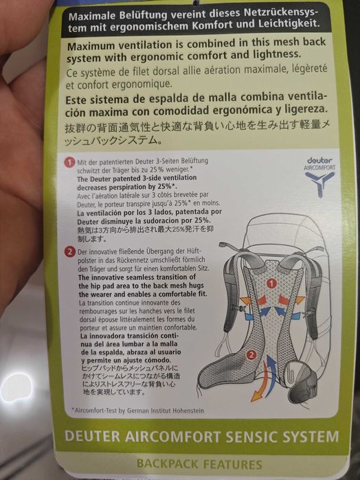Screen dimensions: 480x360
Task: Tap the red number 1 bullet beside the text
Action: click(x=68, y=163)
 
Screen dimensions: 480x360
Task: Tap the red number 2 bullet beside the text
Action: click(x=69, y=252)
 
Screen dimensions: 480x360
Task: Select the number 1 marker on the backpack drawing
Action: click(x=271, y=282)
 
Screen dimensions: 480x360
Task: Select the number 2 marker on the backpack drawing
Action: click(x=253, y=355)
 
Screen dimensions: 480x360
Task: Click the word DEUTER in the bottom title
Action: click(x=92, y=437)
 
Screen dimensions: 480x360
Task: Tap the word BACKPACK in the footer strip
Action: click(x=168, y=464)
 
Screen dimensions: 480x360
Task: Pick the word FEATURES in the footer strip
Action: click(x=232, y=464)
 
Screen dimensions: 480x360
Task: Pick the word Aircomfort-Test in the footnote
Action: click(x=98, y=411)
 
